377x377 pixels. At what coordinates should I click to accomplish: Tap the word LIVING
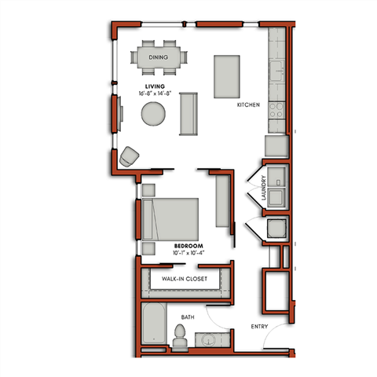coord(154,86)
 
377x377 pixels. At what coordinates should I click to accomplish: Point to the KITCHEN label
coord(249,104)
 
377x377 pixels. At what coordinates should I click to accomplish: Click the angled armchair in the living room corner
coord(128,157)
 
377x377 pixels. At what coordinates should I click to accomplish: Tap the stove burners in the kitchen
coord(277,111)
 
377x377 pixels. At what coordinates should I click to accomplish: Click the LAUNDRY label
coord(265,192)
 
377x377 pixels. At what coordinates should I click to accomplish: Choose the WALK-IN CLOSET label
coord(185,279)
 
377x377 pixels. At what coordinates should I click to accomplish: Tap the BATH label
coord(188,317)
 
